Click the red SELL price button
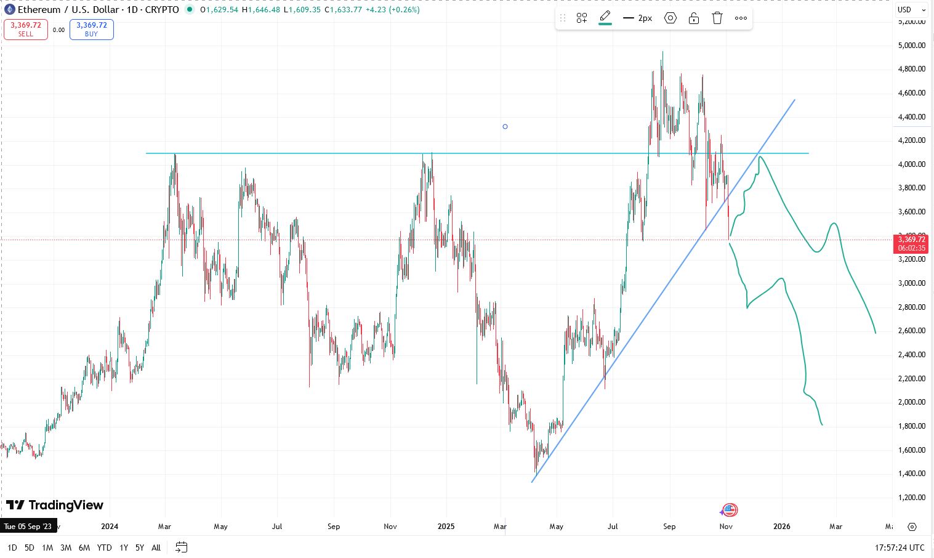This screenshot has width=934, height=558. pyautogui.click(x=26, y=30)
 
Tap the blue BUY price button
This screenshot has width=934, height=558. pyautogui.click(x=91, y=30)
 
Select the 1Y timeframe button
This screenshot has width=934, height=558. pyautogui.click(x=124, y=548)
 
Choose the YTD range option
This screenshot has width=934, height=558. pyautogui.click(x=104, y=548)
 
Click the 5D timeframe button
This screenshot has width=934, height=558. pyautogui.click(x=29, y=548)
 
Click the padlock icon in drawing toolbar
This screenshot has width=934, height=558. pyautogui.click(x=694, y=18)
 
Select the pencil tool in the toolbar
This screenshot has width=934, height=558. pyautogui.click(x=605, y=17)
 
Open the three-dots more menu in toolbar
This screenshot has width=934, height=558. pyautogui.click(x=741, y=18)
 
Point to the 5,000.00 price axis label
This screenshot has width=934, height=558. pyautogui.click(x=911, y=45)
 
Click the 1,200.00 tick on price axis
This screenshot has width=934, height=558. pyautogui.click(x=911, y=498)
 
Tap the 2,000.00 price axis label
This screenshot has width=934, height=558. pyautogui.click(x=911, y=402)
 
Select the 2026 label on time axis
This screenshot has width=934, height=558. pyautogui.click(x=781, y=527)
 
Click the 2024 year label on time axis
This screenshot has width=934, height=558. pyautogui.click(x=110, y=527)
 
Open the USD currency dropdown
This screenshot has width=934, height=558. pyautogui.click(x=911, y=10)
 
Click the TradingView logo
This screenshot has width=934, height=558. pyautogui.click(x=55, y=506)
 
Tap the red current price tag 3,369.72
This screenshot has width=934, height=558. pyautogui.click(x=911, y=243)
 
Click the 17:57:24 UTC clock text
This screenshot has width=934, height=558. pyautogui.click(x=899, y=548)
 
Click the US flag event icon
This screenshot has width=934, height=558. pyautogui.click(x=730, y=510)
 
